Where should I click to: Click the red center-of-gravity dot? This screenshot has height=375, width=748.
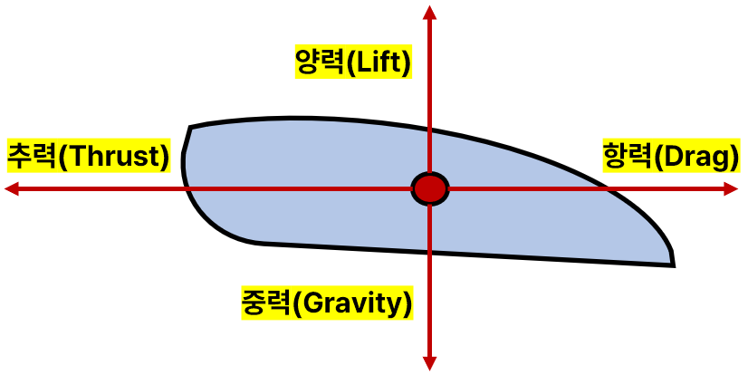click(x=430, y=188)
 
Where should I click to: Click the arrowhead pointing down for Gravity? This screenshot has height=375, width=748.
click(x=430, y=364)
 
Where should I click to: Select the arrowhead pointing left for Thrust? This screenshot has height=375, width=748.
click(x=12, y=188)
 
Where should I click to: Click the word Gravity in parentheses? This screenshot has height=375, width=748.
click(x=354, y=302)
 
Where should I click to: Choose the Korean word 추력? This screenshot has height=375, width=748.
click(x=32, y=156)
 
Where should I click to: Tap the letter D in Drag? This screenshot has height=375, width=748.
click(x=674, y=157)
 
